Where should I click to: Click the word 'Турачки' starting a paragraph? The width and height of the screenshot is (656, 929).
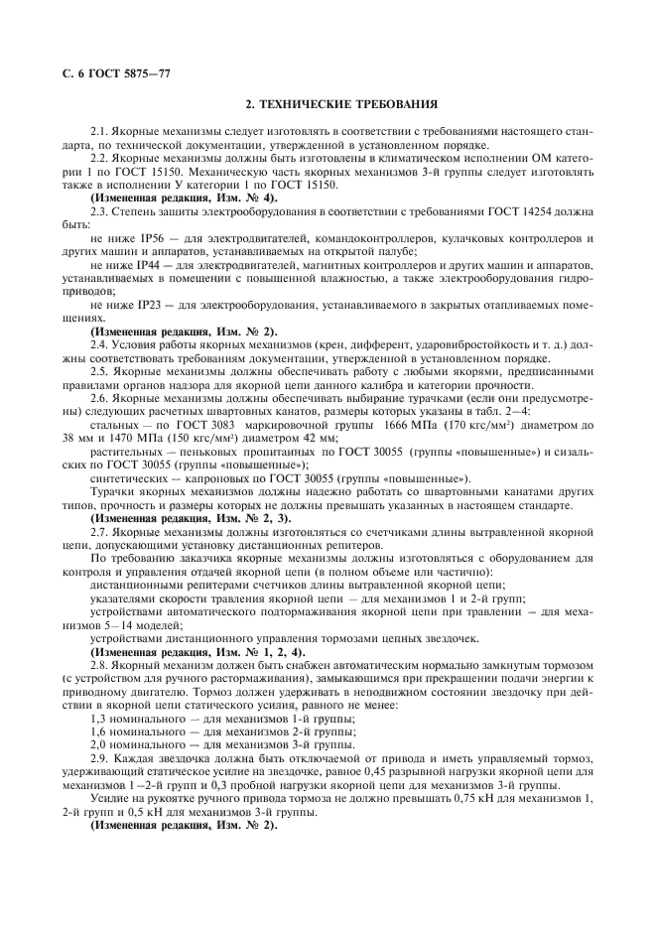coord(114,490)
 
